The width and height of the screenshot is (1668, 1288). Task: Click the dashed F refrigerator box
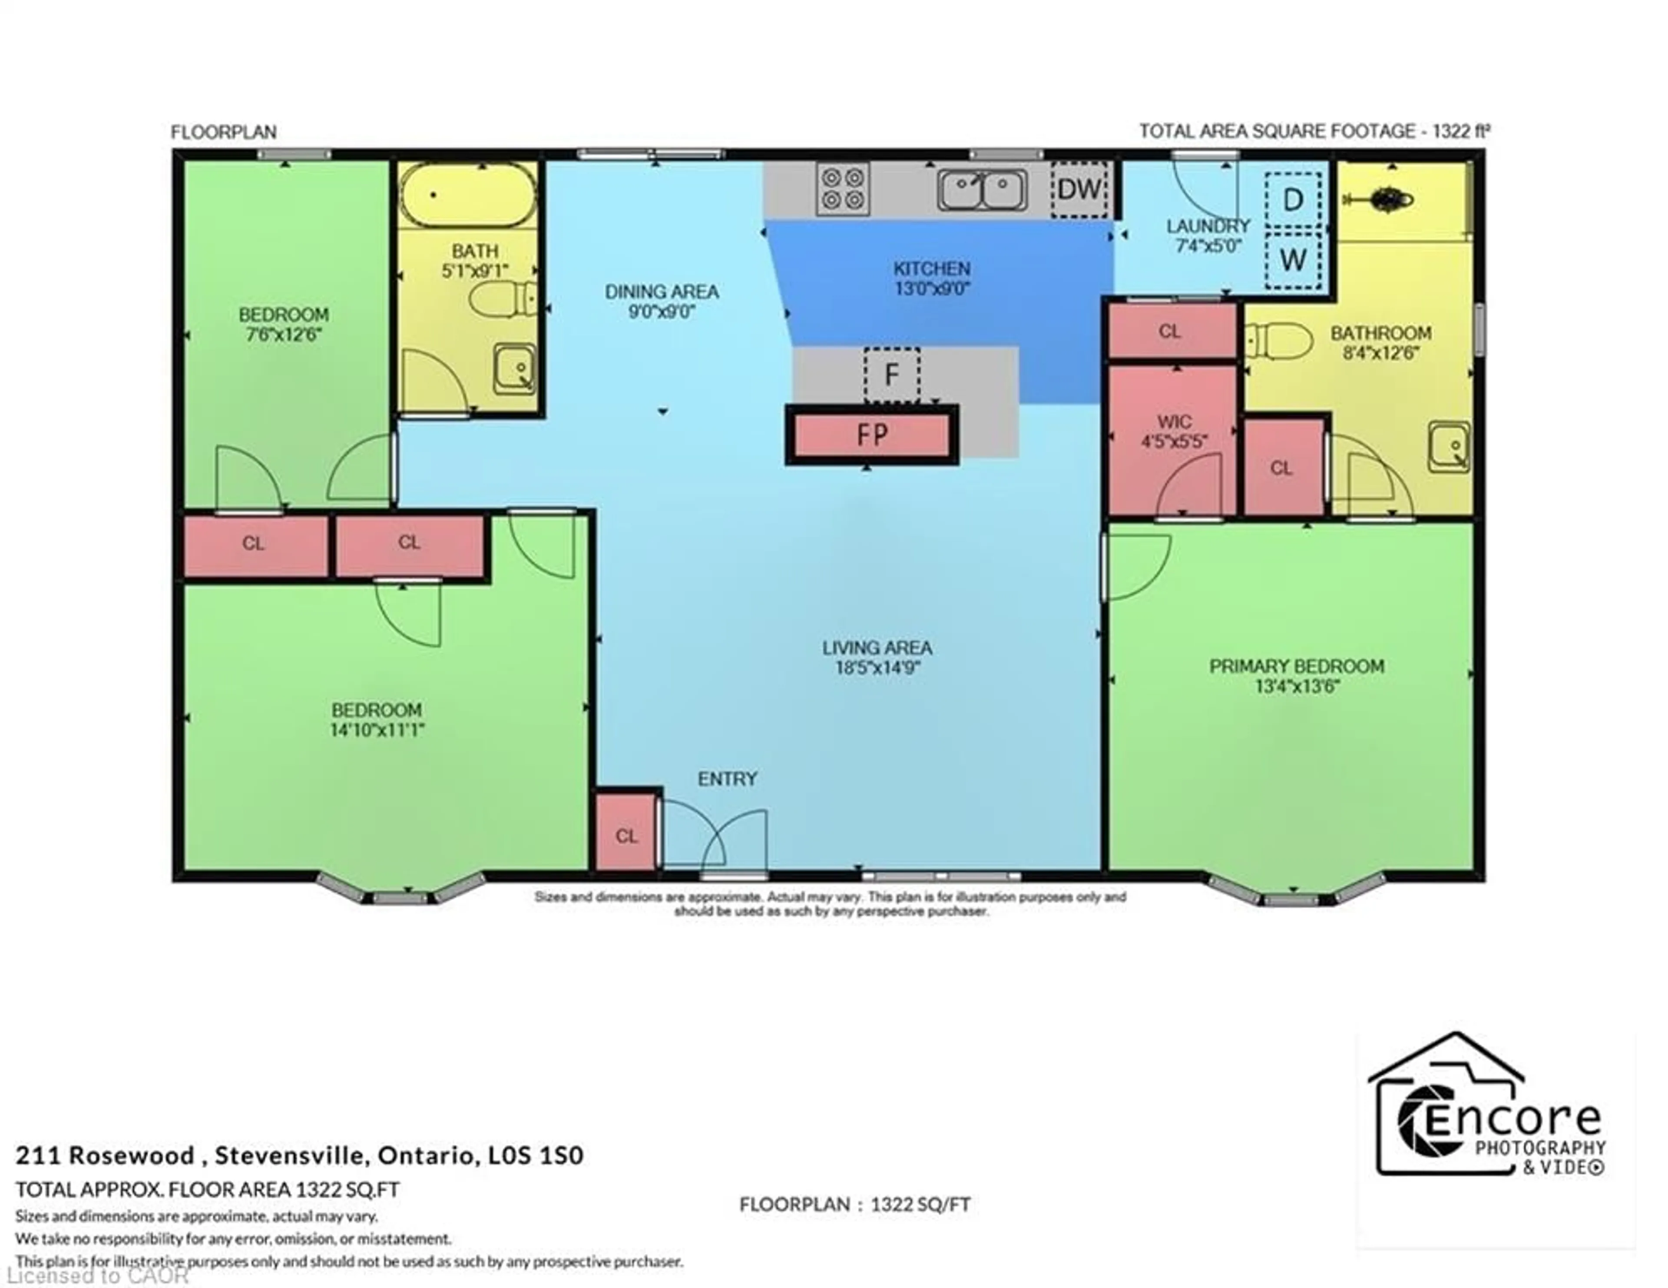[891, 374]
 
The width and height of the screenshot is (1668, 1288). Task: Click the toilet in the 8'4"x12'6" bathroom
[1277, 340]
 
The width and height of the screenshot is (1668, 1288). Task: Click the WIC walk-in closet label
[1174, 422]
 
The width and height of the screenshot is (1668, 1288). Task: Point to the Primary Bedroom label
[1296, 666]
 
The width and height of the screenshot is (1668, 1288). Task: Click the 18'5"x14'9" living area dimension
[877, 667]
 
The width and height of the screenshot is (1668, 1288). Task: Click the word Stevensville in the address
[292, 1156]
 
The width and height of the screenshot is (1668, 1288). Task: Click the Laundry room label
[1208, 226]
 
